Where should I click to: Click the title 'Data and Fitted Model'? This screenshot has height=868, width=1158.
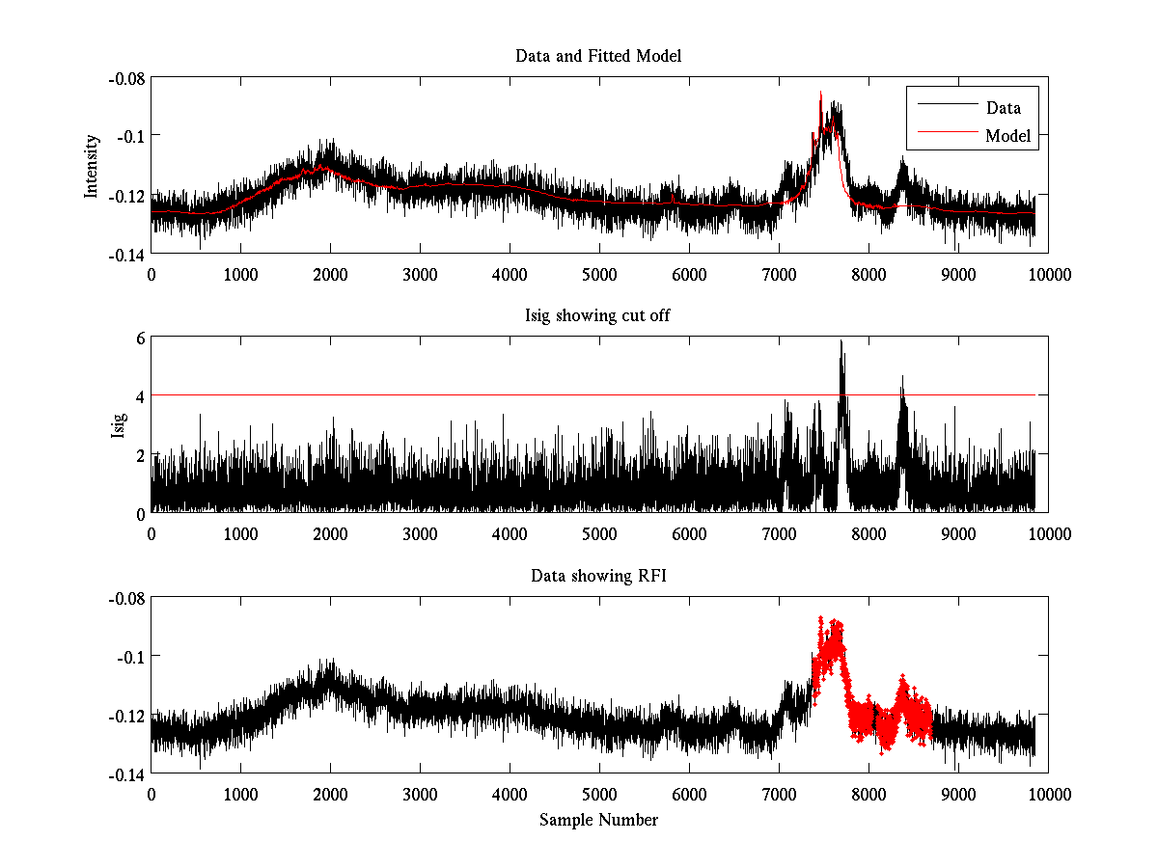click(598, 56)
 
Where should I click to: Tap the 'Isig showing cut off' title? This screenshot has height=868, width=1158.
click(598, 316)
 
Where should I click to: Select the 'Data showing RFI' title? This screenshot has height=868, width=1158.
click(598, 576)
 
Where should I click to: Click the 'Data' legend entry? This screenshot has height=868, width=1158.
click(1003, 108)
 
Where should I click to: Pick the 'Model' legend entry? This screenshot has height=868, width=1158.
click(1007, 136)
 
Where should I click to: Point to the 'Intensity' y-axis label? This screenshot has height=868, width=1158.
click(92, 166)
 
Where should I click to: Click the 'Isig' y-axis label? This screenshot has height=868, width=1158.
click(119, 425)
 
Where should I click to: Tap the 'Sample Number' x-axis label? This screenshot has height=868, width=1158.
click(598, 820)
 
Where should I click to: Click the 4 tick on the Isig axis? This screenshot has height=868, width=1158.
click(139, 396)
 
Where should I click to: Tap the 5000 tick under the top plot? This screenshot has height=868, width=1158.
click(599, 274)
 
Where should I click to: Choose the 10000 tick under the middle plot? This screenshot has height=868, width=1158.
click(1048, 533)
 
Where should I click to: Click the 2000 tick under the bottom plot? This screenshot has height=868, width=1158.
click(330, 794)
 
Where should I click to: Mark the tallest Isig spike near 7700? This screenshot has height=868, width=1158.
click(841, 341)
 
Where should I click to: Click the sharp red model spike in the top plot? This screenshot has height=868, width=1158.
click(821, 94)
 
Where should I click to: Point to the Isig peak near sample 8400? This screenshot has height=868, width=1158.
click(902, 378)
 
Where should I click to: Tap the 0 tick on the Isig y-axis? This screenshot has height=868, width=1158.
click(139, 513)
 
